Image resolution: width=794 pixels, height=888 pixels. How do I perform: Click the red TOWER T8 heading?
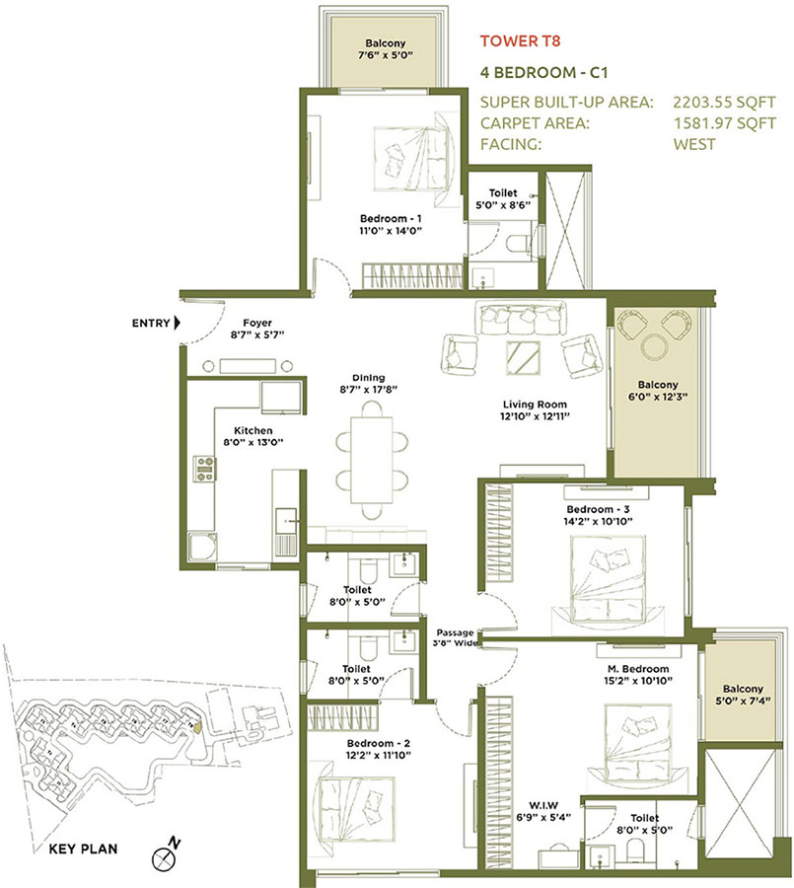click(x=522, y=41)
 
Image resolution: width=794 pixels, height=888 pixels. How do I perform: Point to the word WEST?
click(x=694, y=144)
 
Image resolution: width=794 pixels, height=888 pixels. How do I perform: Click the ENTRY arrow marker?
click(x=177, y=323)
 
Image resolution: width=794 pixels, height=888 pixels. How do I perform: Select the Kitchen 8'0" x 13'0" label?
click(x=245, y=436)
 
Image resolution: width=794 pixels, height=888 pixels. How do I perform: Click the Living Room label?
click(x=536, y=410)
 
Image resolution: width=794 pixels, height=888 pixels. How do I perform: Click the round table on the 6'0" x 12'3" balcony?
click(x=655, y=347)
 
